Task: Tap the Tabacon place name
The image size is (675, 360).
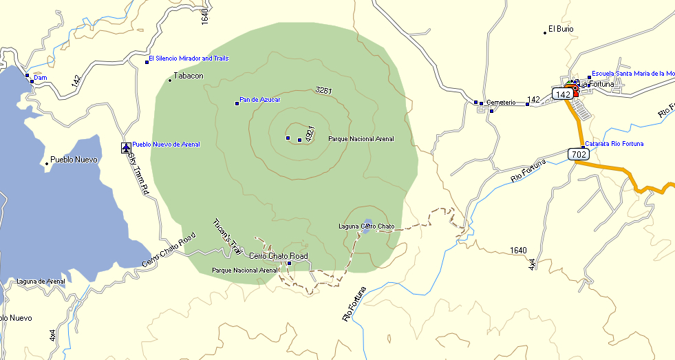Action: [x=189, y=76]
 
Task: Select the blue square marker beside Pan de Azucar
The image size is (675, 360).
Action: [x=237, y=103]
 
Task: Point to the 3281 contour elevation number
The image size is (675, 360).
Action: [x=324, y=90]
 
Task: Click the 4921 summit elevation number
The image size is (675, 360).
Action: [x=310, y=133]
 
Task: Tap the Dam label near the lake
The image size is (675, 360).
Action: [x=41, y=78]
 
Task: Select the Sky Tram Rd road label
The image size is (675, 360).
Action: [x=138, y=173]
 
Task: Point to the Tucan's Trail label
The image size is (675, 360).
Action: [x=225, y=236]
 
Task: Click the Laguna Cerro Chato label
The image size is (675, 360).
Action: [x=366, y=226]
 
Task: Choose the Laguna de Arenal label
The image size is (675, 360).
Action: [x=41, y=281]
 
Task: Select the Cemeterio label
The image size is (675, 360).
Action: [x=501, y=103]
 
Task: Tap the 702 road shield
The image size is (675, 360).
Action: [x=579, y=155]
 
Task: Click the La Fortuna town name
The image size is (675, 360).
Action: [x=596, y=85]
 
